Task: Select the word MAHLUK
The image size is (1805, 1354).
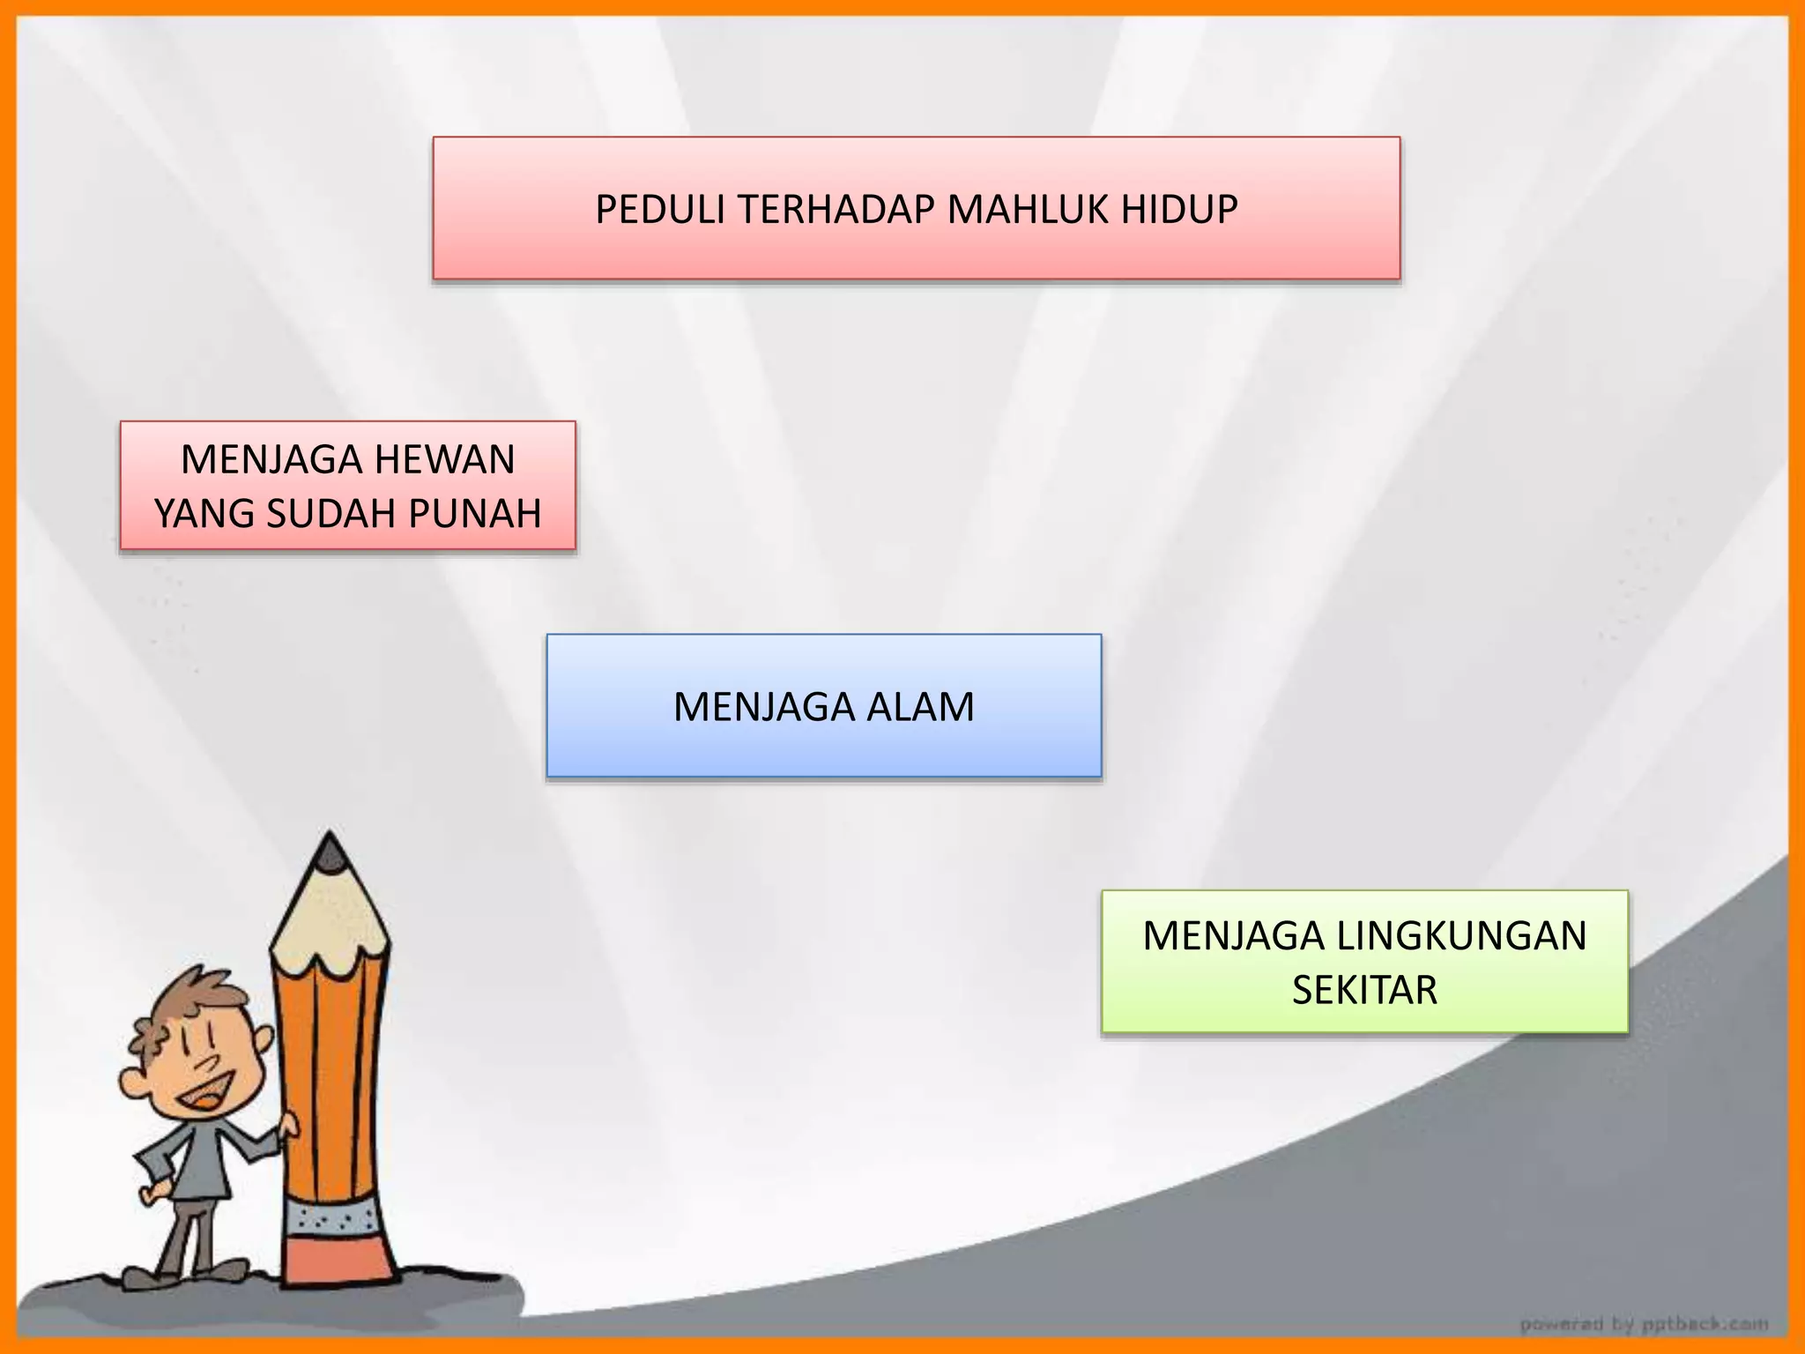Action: coord(1029,210)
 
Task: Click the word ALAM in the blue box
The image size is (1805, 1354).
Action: coord(919,707)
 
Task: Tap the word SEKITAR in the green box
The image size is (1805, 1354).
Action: coord(1364,990)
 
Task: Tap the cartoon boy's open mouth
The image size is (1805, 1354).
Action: coord(208,1097)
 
